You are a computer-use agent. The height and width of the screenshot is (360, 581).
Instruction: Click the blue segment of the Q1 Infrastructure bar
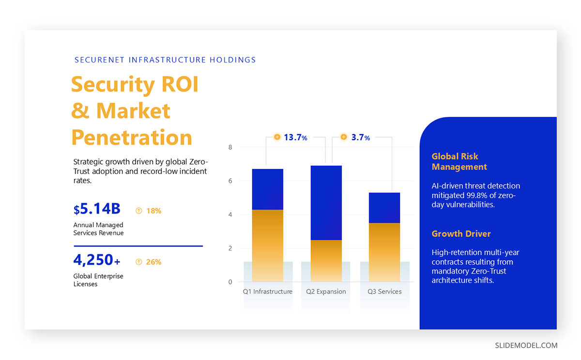[267, 189]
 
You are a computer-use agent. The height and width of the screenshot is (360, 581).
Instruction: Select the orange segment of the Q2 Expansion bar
[326, 261]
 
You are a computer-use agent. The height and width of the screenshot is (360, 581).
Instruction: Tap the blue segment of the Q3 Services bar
[384, 207]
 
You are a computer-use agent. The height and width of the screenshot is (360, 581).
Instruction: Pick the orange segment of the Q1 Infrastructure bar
[267, 245]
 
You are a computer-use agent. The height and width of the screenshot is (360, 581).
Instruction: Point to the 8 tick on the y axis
[230, 147]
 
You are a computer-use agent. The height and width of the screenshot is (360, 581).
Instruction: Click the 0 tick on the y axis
[230, 282]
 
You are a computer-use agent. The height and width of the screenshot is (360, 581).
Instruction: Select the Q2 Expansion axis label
[326, 292]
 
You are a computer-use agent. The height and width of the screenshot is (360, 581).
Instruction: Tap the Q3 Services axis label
[384, 292]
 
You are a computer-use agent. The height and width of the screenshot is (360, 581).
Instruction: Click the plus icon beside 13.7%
[277, 137]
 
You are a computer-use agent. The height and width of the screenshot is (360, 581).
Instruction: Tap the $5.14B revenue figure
[97, 209]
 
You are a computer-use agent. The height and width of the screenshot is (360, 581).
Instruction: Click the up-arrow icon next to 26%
[139, 262]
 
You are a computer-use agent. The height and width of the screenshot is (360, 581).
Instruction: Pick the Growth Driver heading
[461, 234]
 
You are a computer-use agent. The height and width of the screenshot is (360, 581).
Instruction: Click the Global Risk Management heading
[459, 162]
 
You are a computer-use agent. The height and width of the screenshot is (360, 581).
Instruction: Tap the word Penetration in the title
[132, 138]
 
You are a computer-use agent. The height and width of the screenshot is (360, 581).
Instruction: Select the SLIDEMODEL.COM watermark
[526, 345]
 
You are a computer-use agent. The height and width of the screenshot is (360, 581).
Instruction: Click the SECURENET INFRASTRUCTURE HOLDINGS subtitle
[165, 60]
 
